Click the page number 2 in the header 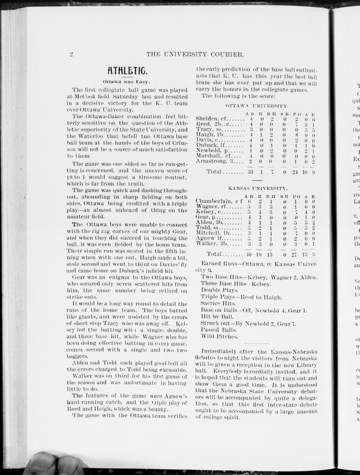71,54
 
